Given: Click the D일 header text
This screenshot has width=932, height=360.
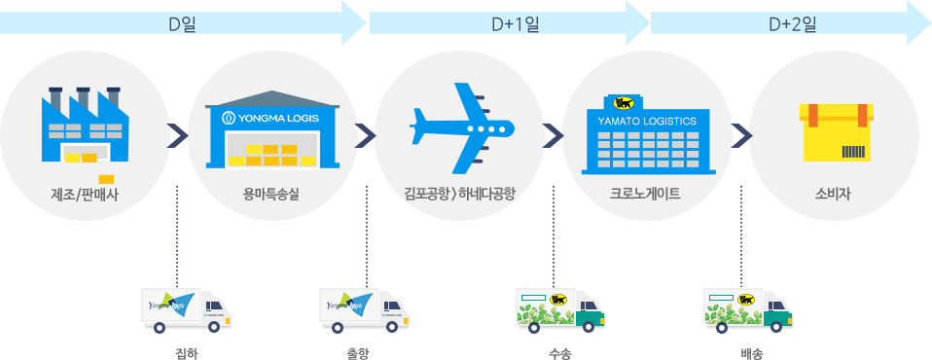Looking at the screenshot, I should [182, 24].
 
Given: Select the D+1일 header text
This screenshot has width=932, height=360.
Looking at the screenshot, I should [516, 24].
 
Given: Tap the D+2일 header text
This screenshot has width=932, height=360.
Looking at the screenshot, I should [792, 24].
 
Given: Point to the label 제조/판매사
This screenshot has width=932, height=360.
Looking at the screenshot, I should [83, 194].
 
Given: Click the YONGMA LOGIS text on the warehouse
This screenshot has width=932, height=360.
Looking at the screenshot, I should [272, 118].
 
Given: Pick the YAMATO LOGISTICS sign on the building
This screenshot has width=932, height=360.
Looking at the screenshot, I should [647, 121].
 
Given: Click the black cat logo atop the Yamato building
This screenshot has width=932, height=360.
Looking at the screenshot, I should [621, 102].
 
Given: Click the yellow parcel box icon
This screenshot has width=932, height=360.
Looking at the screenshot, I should [835, 132].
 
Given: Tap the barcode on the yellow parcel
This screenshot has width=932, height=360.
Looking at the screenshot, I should [854, 152].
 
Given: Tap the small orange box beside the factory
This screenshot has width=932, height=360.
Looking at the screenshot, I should [106, 178].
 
